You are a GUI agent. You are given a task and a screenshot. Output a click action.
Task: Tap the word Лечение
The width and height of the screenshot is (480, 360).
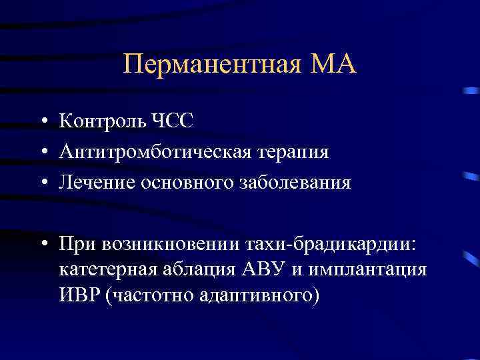click(x=97, y=182)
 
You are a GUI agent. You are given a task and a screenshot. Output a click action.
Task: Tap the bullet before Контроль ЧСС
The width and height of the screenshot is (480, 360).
click(x=42, y=122)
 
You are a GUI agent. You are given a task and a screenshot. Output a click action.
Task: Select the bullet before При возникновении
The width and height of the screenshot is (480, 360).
click(x=42, y=243)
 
